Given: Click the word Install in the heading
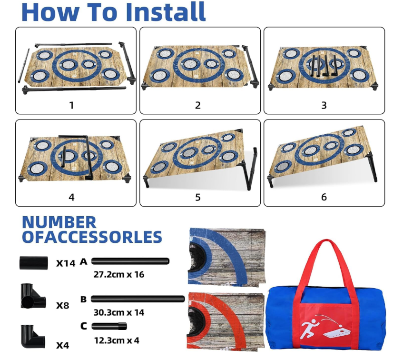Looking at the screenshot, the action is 166,12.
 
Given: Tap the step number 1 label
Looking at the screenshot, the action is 71,105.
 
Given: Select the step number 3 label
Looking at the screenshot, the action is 324,105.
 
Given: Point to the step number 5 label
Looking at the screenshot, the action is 198,198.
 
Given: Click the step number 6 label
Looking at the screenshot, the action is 324,197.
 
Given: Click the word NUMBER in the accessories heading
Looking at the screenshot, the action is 59,222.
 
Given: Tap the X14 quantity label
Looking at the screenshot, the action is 66,263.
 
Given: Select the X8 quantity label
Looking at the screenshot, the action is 63,305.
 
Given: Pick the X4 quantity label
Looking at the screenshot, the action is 63,345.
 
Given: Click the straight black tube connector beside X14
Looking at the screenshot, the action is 34,263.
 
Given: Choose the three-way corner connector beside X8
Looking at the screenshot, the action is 33,296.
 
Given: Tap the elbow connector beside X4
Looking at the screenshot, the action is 32,337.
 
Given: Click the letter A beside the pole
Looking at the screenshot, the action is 83,261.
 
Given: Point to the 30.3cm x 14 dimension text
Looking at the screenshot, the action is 119,312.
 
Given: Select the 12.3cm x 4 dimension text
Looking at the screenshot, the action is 117,340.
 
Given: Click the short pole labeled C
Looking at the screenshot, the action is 109,326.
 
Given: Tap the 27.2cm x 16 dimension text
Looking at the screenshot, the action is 119,275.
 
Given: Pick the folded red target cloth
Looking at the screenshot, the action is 226,322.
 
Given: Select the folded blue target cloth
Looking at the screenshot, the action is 226,257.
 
